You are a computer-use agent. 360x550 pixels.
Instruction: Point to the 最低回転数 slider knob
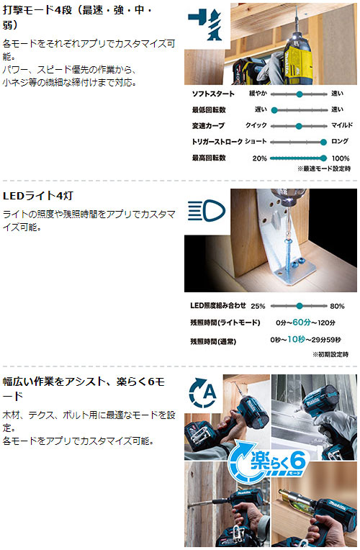(x=274, y=109)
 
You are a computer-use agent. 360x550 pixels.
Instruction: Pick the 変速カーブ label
(x=208, y=125)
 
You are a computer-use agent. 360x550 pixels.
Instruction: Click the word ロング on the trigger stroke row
(x=341, y=141)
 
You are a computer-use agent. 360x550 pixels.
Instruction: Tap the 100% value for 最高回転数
(x=341, y=158)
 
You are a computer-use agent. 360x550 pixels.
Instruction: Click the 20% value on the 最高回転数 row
(x=259, y=158)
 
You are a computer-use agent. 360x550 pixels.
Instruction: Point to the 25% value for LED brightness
(x=258, y=306)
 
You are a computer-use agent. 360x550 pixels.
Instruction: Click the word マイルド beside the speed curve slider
(x=341, y=125)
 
